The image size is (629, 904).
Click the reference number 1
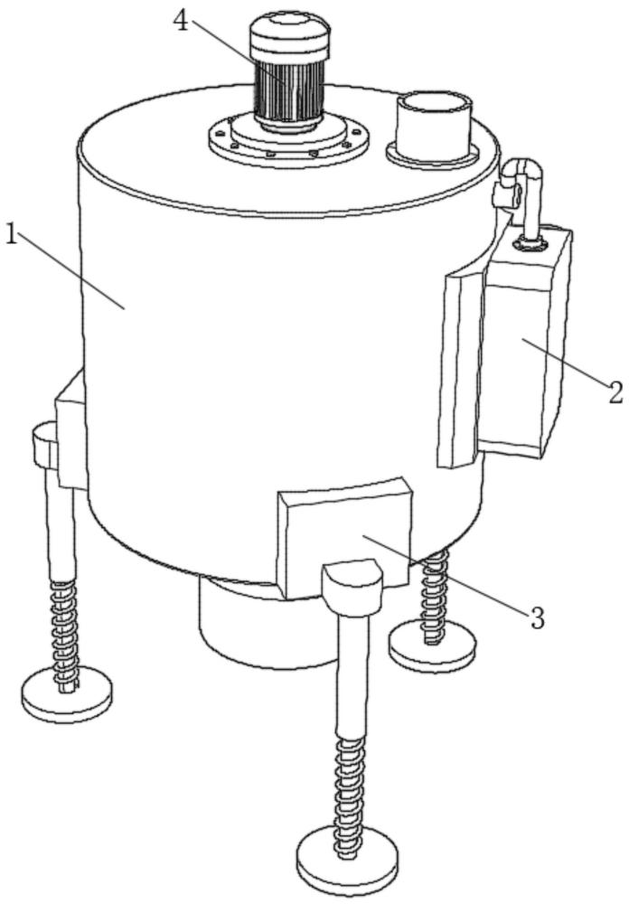click(12, 235)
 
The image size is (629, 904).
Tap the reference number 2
click(615, 391)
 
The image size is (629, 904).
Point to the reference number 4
click(181, 22)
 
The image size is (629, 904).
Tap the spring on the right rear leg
click(434, 594)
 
